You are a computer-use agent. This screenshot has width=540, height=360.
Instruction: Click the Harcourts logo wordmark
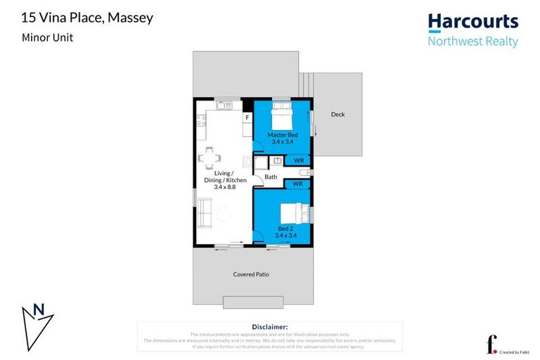(472, 22)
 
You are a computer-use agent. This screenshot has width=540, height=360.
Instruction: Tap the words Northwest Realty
(472, 41)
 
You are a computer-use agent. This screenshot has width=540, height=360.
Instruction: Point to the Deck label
(337, 115)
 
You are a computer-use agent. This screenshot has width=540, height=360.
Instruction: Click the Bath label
(270, 177)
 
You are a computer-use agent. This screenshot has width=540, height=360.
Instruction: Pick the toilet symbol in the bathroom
(302, 172)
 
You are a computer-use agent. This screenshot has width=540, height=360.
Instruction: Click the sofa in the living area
(204, 212)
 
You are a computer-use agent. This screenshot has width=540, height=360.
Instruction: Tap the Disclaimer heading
(269, 327)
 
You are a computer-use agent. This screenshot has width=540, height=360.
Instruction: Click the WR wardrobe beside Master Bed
(298, 160)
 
